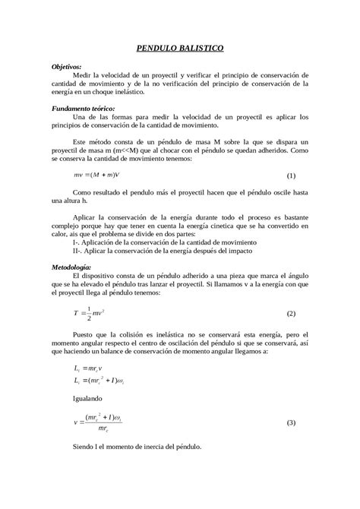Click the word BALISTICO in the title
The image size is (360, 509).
[198, 48]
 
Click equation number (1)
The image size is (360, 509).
[290, 175]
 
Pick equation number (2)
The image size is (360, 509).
[290, 314]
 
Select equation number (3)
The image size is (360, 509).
[290, 422]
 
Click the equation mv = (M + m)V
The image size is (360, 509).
[97, 175]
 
